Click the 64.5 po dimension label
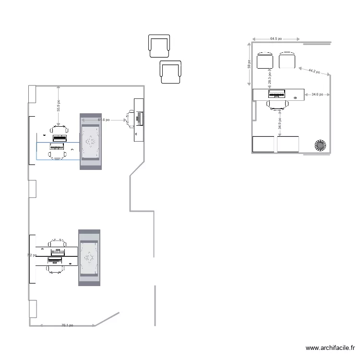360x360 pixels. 276,38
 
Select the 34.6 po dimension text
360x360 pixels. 317,95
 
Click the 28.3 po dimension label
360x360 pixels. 270,77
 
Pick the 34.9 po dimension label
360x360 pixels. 280,127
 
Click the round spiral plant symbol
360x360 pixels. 320,145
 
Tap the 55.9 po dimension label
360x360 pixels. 59,106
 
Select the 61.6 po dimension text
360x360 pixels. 104,120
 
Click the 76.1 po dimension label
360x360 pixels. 67,325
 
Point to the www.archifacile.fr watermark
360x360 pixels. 330,348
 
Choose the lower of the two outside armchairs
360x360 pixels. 171,72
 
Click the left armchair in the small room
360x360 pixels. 265,60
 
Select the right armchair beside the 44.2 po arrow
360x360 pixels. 287,60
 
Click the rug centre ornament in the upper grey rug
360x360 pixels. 90,142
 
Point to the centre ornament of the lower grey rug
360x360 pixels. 89,258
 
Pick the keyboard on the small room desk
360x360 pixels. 277,94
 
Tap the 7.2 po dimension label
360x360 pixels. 32,255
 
